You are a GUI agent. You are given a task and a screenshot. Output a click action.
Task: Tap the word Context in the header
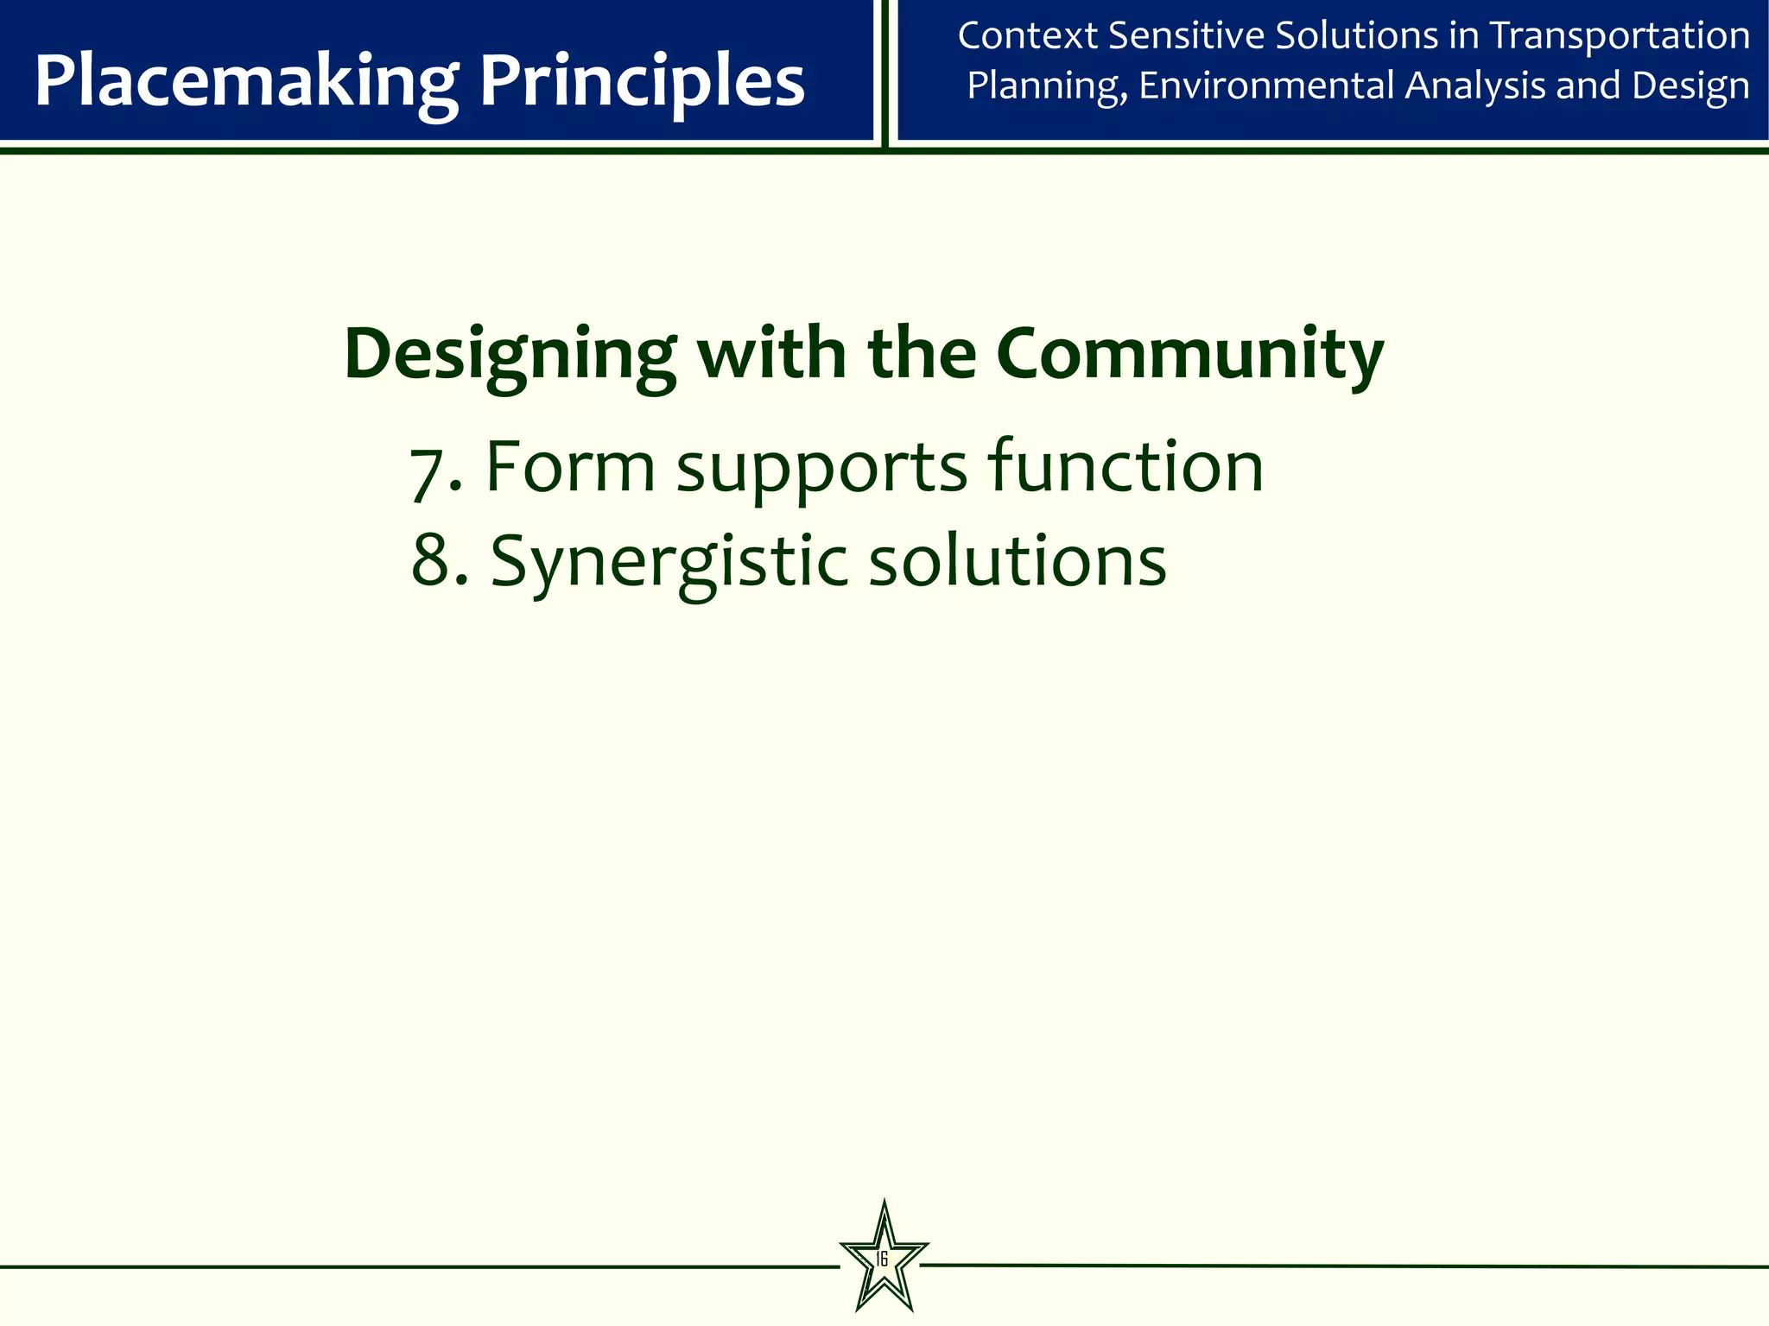(1027, 36)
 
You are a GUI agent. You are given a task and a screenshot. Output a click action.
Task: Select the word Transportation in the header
(1620, 36)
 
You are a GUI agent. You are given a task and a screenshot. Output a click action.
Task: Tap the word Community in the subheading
(1189, 354)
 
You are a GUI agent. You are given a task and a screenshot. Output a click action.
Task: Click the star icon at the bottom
(884, 1259)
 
